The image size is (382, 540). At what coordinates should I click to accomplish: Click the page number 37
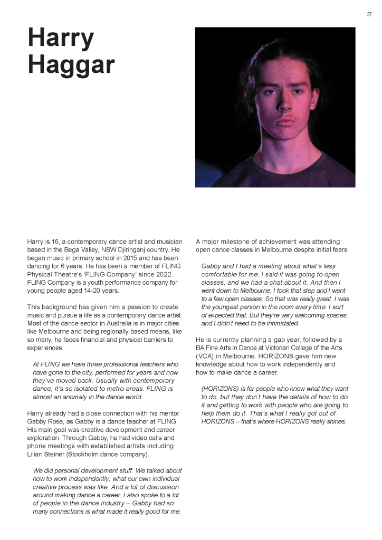pos(369,14)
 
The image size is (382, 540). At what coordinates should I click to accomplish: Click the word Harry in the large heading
pos(61,38)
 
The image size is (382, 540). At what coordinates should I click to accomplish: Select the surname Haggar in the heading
pos(71,64)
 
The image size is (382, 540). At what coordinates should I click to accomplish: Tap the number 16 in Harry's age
pos(55,241)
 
